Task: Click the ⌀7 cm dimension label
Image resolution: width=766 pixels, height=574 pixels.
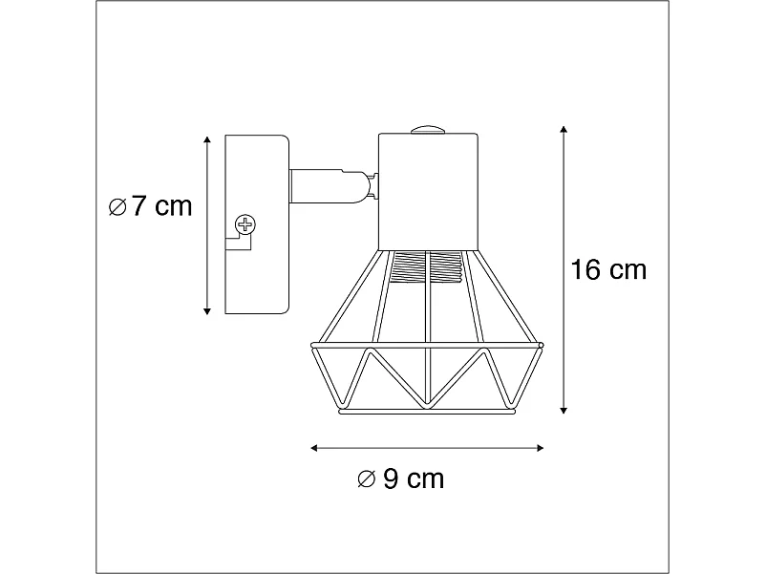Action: coord(151,206)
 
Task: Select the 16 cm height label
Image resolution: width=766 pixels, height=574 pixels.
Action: coord(608,270)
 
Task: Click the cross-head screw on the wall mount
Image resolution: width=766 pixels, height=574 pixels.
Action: coord(246,226)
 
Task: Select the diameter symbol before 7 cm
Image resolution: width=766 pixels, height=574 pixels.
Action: coord(117,207)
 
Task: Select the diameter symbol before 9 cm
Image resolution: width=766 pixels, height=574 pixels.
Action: coord(366,479)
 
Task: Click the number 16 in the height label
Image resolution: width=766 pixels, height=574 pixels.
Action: coord(585,270)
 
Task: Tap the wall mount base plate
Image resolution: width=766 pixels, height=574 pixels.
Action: coord(256,223)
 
